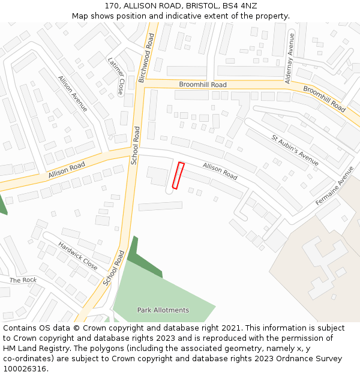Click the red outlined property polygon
pyautogui.click(x=178, y=175)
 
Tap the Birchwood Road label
pyautogui.click(x=147, y=58)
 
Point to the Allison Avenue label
pyautogui.click(x=73, y=94)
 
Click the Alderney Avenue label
pyautogui.click(x=290, y=57)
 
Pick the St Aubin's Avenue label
pyautogui.click(x=295, y=150)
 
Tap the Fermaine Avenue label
pyautogui.click(x=335, y=186)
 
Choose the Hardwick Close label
pyautogui.click(x=78, y=255)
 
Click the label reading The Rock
pyautogui.click(x=23, y=280)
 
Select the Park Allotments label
pyautogui.click(x=163, y=310)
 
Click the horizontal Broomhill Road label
pyautogui.click(x=203, y=85)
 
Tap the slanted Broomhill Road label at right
pyautogui.click(x=324, y=98)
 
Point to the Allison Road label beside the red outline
pyautogui.click(x=220, y=171)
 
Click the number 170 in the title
pyautogui.click(x=112, y=6)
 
